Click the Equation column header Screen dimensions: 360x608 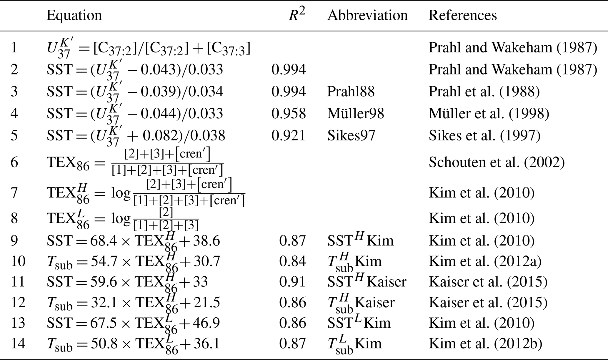pyautogui.click(x=74, y=15)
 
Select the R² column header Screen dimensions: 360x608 pyautogui.click(x=297, y=15)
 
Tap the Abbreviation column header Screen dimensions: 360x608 pyautogui.click(x=367, y=15)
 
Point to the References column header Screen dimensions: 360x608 pyautogui.click(x=462, y=15)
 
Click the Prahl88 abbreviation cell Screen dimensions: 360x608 pyautogui.click(x=351, y=92)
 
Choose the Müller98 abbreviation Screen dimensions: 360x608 pyautogui.click(x=355, y=114)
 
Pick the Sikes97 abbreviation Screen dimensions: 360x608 pyautogui.click(x=351, y=135)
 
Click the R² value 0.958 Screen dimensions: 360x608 pyautogui.click(x=289, y=114)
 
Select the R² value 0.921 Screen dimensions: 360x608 pyautogui.click(x=289, y=135)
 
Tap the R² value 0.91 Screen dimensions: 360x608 pyautogui.click(x=292, y=282)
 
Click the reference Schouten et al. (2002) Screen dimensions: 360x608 pyautogui.click(x=497, y=162)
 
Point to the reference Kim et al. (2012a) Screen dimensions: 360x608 pyautogui.click(x=485, y=261)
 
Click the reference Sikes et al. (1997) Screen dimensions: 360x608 pyautogui.click(x=484, y=135)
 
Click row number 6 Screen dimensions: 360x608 pyautogui.click(x=14, y=162)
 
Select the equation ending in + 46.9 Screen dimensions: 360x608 pyautogui.click(x=133, y=323)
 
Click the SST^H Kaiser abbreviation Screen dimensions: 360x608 pyautogui.click(x=367, y=282)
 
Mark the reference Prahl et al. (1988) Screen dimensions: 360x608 pyautogui.click(x=484, y=92)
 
